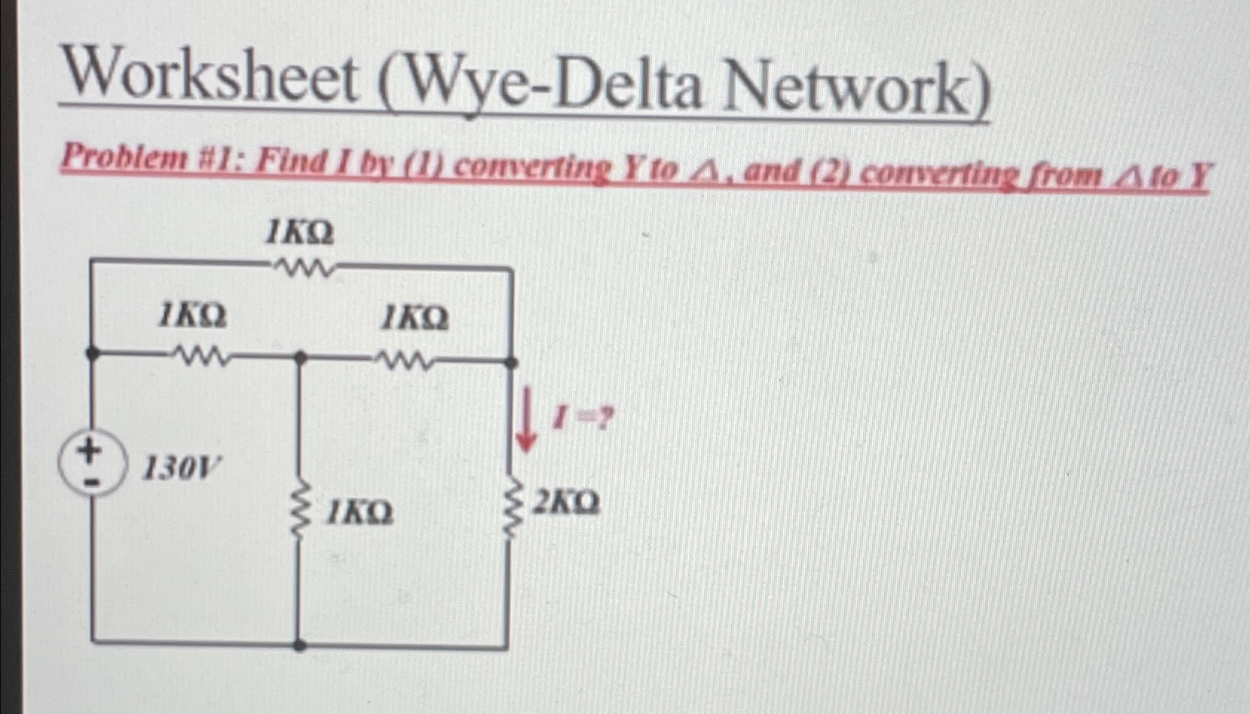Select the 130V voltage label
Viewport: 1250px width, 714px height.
click(x=181, y=468)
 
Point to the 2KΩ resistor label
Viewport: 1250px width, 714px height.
click(x=566, y=503)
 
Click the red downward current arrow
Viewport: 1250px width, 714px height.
click(x=526, y=423)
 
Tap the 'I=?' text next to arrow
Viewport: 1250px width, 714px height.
click(x=583, y=420)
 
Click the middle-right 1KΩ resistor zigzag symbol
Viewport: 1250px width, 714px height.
click(x=406, y=361)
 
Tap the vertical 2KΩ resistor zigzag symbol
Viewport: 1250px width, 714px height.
click(x=510, y=510)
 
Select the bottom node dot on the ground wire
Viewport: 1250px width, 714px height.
click(x=299, y=644)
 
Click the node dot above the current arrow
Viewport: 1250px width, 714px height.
click(x=511, y=363)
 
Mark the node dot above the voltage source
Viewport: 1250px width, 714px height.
click(x=92, y=354)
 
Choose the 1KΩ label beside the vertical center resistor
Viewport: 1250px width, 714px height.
click(x=361, y=512)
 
